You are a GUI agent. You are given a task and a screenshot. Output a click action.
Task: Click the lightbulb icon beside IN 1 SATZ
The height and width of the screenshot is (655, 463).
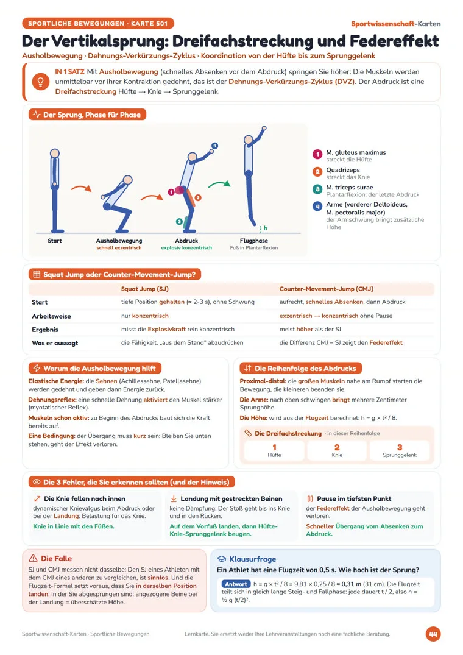click(x=40, y=82)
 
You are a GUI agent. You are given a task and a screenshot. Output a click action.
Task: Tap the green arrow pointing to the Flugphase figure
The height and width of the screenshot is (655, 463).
click(x=219, y=184)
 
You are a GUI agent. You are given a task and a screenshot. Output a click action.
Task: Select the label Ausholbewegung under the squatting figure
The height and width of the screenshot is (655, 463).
click(x=119, y=241)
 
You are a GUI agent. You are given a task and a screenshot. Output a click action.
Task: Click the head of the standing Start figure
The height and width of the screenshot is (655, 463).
click(x=55, y=154)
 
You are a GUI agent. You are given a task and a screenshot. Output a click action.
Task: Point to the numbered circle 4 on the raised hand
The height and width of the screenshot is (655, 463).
click(x=214, y=146)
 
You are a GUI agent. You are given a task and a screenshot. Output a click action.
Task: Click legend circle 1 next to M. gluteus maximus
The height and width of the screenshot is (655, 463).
click(x=317, y=155)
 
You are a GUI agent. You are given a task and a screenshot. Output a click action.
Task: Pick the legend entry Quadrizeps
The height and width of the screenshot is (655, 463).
click(x=343, y=170)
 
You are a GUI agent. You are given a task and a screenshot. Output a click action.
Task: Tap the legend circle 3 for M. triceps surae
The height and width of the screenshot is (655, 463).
click(x=317, y=189)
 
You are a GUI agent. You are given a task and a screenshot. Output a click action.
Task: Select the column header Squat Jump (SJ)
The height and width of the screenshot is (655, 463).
click(x=144, y=289)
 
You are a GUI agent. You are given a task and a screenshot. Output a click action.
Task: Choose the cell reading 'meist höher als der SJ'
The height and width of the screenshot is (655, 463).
click(x=310, y=329)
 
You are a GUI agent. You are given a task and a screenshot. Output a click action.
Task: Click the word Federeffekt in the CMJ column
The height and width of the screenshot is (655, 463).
click(x=386, y=342)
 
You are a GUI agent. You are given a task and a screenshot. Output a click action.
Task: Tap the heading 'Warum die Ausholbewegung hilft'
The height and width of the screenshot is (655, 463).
click(x=99, y=369)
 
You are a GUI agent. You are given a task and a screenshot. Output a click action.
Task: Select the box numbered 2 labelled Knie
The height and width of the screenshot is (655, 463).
click(x=337, y=451)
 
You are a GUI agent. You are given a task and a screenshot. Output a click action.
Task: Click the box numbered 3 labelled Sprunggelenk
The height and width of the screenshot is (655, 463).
click(x=400, y=451)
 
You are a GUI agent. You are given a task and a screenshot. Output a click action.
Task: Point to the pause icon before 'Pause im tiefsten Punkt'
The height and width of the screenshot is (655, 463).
click(x=310, y=499)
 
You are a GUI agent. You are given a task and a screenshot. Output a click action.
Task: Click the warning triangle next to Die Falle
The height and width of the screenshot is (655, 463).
click(x=33, y=559)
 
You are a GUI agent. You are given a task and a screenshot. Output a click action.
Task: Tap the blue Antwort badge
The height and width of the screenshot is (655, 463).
click(x=236, y=584)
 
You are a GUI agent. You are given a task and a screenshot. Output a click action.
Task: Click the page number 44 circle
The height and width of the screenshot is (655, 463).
click(x=433, y=634)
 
